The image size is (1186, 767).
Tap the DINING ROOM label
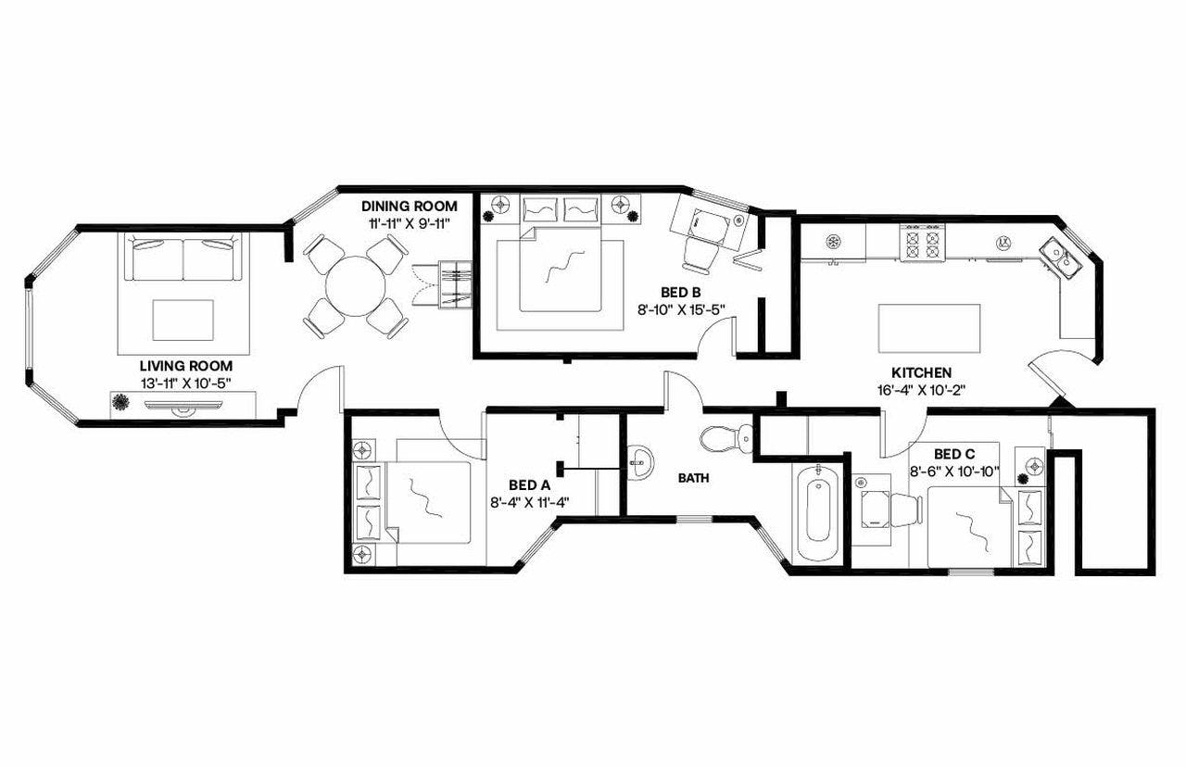click(x=410, y=206)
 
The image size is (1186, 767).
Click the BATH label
click(x=693, y=479)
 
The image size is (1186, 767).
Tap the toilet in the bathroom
click(x=722, y=438)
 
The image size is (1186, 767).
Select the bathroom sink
click(x=639, y=459)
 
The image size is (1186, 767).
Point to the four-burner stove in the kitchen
click(x=919, y=244)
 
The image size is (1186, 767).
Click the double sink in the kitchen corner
click(x=1061, y=257)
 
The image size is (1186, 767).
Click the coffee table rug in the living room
click(x=183, y=320)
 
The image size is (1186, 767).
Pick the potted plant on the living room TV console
click(x=121, y=403)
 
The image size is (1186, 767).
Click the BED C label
click(x=953, y=454)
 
